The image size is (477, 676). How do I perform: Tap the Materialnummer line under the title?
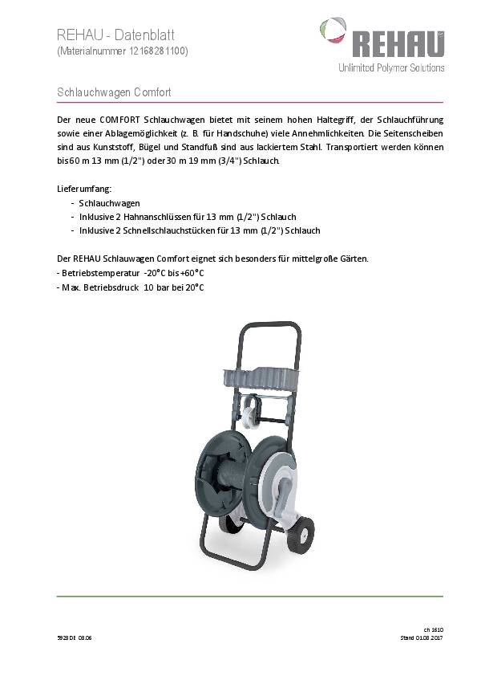(123, 51)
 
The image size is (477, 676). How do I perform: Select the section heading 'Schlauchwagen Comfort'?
(114, 92)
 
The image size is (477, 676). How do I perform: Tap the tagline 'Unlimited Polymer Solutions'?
(390, 68)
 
